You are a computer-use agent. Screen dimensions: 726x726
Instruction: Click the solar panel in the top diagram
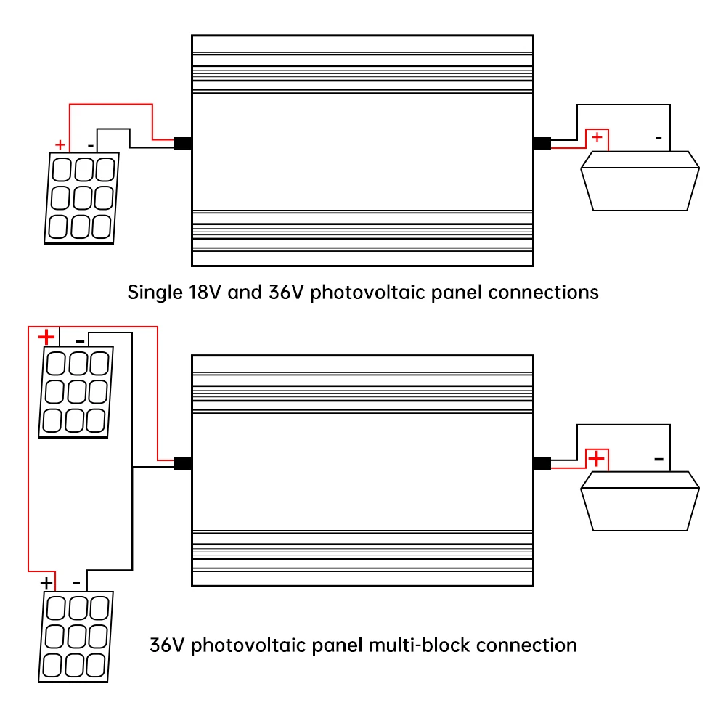81,198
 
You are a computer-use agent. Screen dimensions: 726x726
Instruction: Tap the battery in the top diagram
640,181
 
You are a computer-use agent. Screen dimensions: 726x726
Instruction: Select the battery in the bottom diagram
640,501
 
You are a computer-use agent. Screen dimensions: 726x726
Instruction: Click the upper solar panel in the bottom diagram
76,392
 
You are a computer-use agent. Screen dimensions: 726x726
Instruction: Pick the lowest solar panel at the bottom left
76,637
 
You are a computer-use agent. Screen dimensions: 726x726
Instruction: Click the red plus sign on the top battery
597,137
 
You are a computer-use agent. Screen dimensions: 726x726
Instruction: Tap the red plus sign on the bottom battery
596,458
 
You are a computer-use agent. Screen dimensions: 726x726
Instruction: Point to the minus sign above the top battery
659,138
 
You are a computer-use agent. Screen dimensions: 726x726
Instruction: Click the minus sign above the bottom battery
659,459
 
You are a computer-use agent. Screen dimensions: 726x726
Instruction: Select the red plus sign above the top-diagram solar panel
60,145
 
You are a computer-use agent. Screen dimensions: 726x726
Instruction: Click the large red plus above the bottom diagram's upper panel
46,337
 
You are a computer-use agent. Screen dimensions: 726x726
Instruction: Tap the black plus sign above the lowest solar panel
46,582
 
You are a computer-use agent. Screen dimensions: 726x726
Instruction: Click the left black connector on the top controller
182,144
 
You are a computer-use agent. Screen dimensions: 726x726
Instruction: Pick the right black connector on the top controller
542,144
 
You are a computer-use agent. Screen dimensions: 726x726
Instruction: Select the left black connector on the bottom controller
182,463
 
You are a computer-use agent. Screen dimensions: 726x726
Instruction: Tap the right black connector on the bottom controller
542,463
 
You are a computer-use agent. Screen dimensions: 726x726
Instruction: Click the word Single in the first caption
155,293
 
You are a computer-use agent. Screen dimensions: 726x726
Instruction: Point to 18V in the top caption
205,293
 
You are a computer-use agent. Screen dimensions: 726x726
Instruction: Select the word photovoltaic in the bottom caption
248,646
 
